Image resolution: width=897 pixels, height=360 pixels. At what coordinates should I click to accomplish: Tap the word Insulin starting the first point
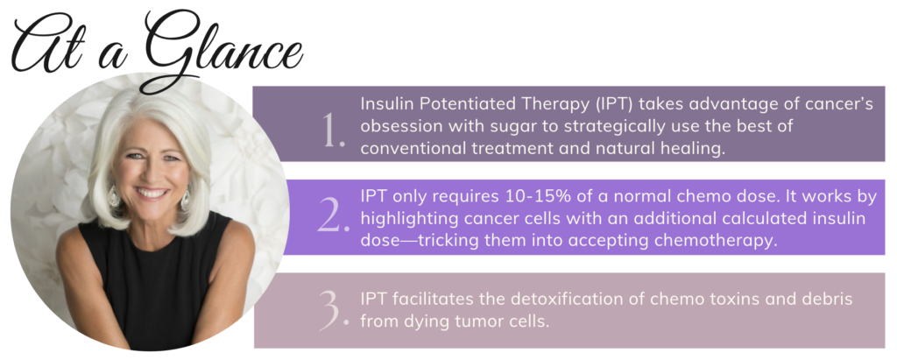[x=387, y=102]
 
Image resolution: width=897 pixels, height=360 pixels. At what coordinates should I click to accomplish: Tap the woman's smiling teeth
[x=152, y=192]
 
